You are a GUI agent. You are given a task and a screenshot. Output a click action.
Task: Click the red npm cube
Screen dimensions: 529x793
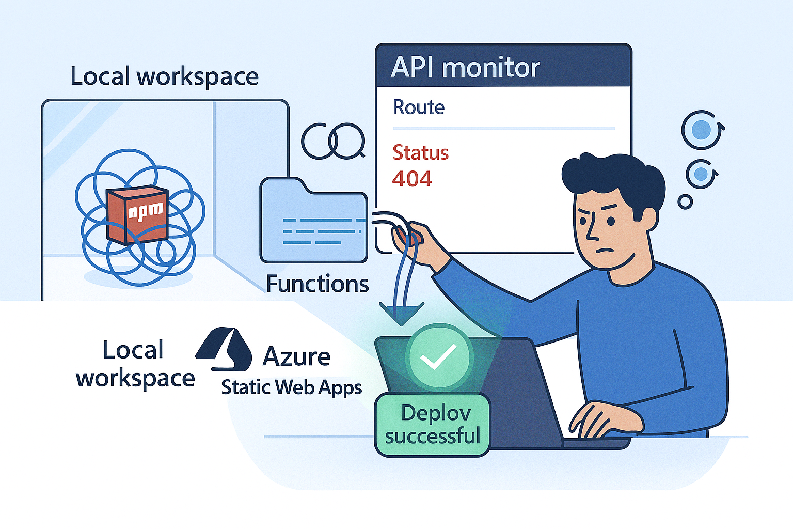tap(137, 214)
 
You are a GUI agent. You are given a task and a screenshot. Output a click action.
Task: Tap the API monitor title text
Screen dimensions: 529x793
tap(465, 68)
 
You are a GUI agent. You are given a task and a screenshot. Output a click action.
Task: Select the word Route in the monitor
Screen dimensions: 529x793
tap(418, 107)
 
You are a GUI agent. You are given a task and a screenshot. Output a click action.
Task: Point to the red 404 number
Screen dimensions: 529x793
tap(411, 179)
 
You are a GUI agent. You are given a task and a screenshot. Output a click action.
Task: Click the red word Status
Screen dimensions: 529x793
tap(420, 153)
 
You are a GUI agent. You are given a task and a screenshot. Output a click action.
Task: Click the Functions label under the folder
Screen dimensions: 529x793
tap(317, 284)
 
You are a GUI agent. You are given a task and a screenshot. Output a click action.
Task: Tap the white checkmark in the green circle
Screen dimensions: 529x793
tap(438, 356)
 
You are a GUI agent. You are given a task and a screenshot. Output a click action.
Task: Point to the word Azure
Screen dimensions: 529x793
tap(296, 357)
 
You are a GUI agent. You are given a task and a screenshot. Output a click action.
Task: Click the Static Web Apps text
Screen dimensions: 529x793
tap(291, 387)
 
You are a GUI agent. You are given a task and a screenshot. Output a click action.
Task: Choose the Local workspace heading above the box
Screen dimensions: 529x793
tap(164, 77)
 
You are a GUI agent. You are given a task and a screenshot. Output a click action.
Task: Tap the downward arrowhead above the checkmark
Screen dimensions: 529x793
tap(401, 313)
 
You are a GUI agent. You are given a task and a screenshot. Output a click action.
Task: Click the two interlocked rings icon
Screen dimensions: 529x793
tap(333, 141)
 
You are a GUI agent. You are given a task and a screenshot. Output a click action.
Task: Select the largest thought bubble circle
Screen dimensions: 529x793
tap(702, 130)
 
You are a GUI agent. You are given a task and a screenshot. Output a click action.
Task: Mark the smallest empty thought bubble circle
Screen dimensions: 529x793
tap(685, 202)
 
